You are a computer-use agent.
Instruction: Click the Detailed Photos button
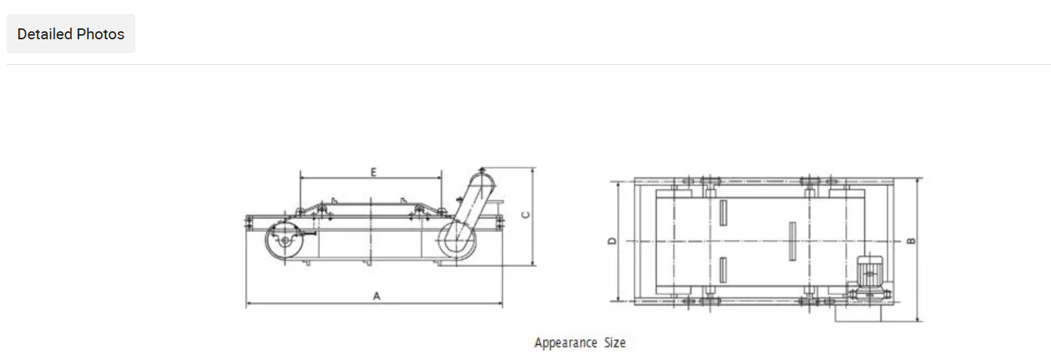click(x=71, y=33)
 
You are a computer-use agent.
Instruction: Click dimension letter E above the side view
click(x=373, y=172)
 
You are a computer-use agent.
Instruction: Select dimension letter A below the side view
click(x=376, y=296)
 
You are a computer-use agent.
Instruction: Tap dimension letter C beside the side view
click(x=526, y=215)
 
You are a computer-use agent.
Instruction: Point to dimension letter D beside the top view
click(x=612, y=241)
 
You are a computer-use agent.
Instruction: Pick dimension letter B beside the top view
click(x=911, y=241)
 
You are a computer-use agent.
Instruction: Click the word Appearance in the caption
click(x=566, y=343)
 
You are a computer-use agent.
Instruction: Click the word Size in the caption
click(x=615, y=342)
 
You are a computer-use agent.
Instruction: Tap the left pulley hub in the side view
click(x=285, y=240)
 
